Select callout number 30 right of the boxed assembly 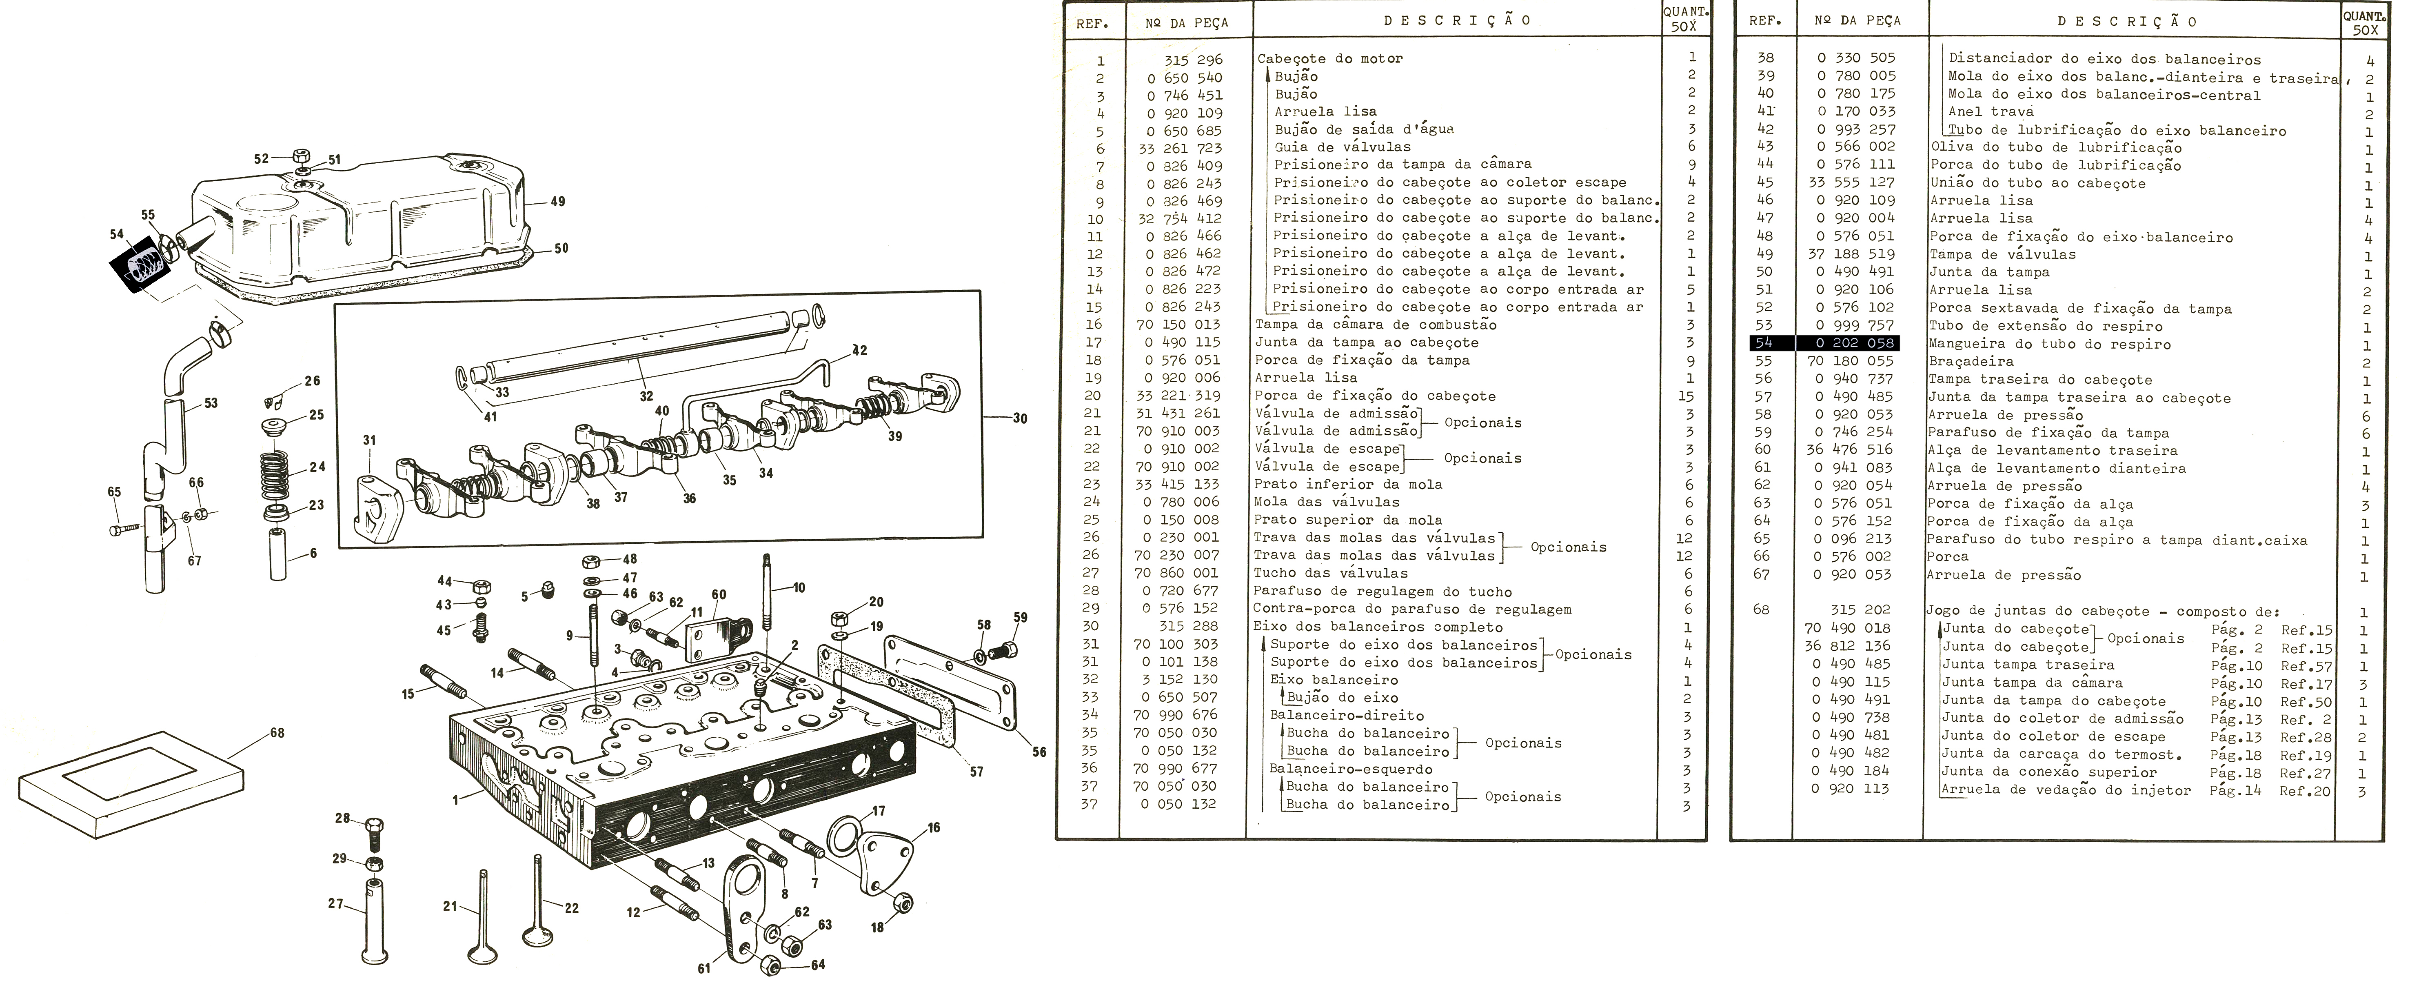point(1020,418)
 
